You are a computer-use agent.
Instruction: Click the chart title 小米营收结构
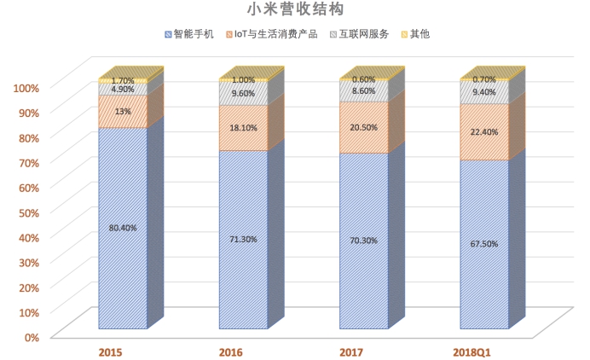(295, 11)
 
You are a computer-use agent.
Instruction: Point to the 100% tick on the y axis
(26, 88)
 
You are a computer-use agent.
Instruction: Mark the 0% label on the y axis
(31, 337)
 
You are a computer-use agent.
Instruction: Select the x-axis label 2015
(111, 351)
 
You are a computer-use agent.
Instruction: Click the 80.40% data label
(123, 229)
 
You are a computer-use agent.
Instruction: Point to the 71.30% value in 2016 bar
(243, 240)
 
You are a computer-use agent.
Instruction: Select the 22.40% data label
(484, 131)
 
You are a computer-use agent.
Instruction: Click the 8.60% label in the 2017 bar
(363, 90)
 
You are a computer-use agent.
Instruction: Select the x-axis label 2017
(352, 351)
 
